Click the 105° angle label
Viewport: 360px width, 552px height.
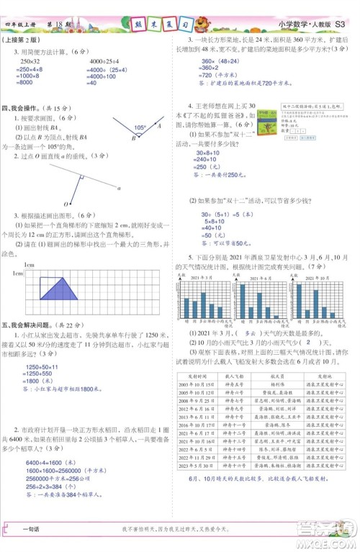tap(140, 128)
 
